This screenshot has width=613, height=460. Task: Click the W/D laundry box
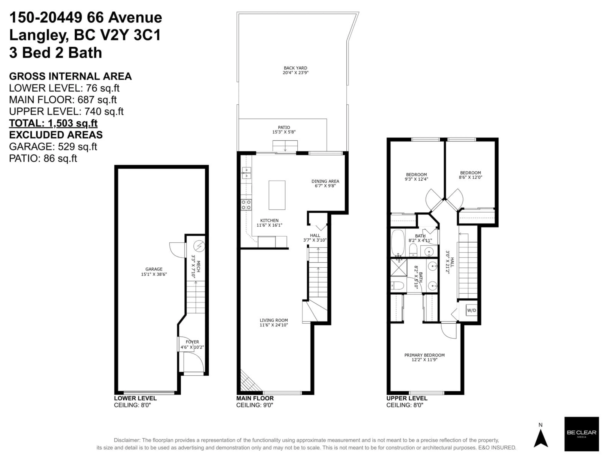pyautogui.click(x=471, y=310)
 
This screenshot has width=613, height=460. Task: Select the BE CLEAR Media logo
pyautogui.click(x=581, y=434)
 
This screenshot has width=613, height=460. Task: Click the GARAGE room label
pyautogui.click(x=154, y=269)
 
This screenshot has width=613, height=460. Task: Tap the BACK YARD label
pyautogui.click(x=295, y=68)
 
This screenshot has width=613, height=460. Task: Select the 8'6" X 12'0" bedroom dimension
pyautogui.click(x=471, y=177)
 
